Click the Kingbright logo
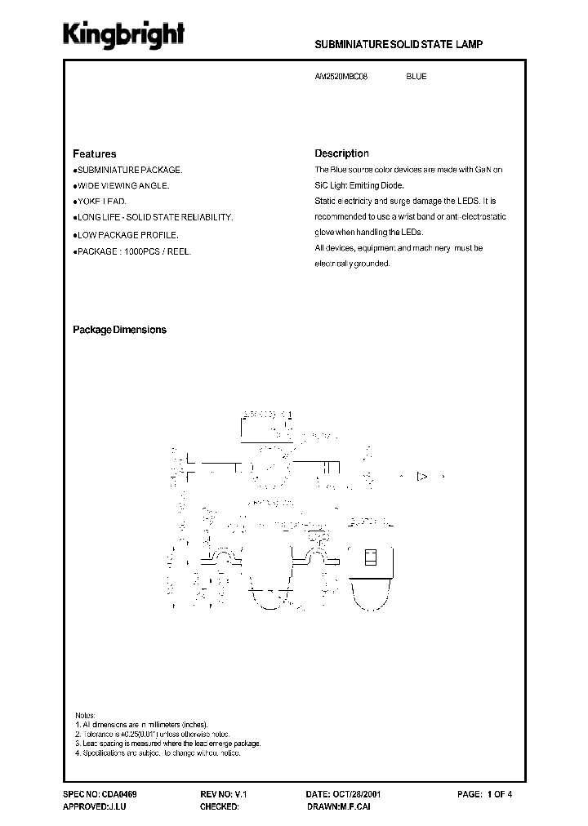[124, 34]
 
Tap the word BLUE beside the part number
[416, 77]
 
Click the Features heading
[95, 153]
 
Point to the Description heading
[341, 153]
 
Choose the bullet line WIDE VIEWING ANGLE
[122, 186]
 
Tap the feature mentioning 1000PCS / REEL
[133, 251]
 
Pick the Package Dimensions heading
[119, 330]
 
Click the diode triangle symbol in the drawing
[422, 476]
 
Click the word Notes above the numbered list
[85, 715]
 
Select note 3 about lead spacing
[168, 744]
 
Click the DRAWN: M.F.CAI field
[344, 806]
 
